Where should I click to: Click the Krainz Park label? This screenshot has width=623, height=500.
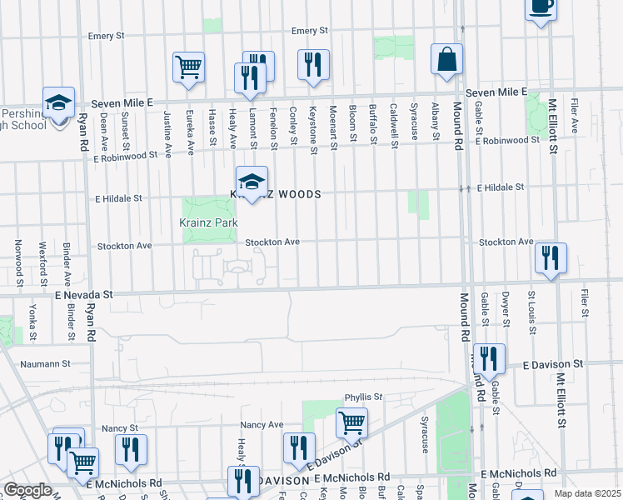(x=208, y=222)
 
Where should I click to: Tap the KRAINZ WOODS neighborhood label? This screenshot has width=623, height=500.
(x=276, y=194)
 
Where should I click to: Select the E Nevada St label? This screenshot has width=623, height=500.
(x=83, y=295)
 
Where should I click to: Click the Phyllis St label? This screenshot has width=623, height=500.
(x=363, y=397)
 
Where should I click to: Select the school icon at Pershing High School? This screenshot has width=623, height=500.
(x=58, y=103)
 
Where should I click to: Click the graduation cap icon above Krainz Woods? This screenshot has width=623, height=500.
(x=252, y=181)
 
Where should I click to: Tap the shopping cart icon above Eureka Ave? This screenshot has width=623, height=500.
(x=189, y=66)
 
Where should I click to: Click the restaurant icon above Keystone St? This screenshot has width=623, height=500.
(x=313, y=64)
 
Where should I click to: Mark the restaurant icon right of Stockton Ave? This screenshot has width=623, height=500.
(x=550, y=257)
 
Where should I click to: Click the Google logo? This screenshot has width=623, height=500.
(x=27, y=490)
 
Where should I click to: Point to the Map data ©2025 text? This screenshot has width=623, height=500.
(x=588, y=493)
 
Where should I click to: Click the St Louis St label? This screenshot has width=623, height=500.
(x=530, y=307)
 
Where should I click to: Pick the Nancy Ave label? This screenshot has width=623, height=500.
(x=262, y=424)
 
